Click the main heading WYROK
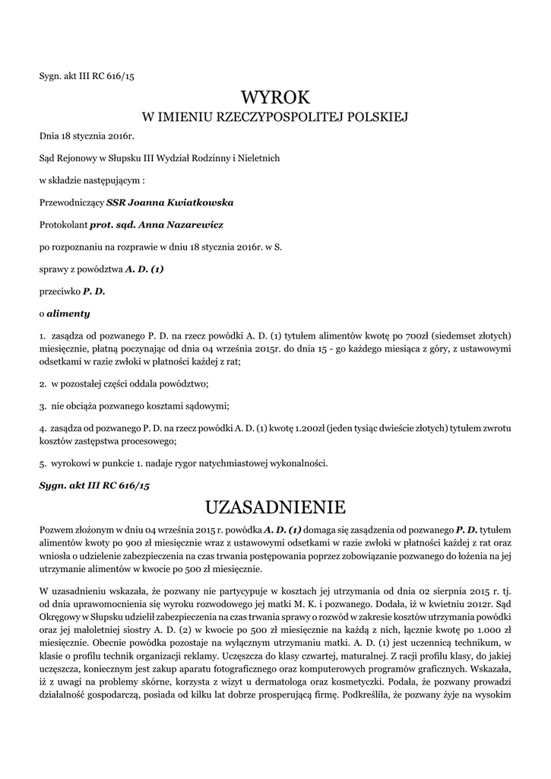click(x=275, y=97)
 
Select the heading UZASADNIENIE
click(x=275, y=507)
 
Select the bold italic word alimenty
click(x=68, y=313)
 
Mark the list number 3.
click(x=42, y=406)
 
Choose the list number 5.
click(x=42, y=463)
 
